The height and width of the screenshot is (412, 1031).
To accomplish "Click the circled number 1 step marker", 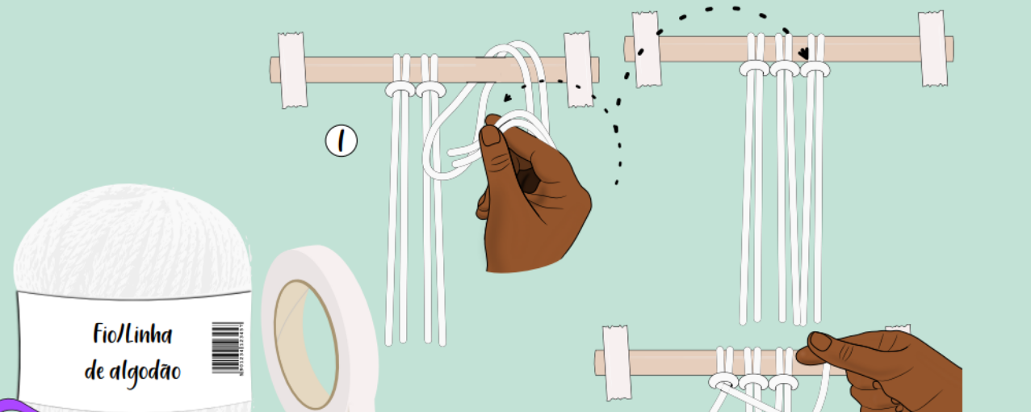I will [x=341, y=141].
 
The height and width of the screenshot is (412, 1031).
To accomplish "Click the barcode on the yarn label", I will [x=226, y=347].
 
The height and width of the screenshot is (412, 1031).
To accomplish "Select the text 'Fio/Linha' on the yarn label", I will [x=132, y=335].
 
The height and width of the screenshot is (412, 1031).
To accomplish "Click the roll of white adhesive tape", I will [x=319, y=331].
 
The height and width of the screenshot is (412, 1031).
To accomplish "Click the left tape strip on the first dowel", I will [x=292, y=70].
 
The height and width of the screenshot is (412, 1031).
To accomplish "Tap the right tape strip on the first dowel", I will [x=578, y=69].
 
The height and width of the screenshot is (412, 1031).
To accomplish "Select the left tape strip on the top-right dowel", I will [x=646, y=49].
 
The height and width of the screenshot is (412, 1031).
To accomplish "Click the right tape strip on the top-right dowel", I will [x=933, y=48].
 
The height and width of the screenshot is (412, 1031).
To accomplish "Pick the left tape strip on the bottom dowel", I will [x=617, y=363].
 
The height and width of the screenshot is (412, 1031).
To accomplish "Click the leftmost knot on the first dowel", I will [x=400, y=87].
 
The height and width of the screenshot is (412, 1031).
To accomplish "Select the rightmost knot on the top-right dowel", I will [x=814, y=69].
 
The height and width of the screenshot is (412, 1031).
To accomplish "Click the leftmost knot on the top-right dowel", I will [x=754, y=69].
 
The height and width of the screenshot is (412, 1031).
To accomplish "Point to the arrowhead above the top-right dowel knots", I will [x=803, y=53].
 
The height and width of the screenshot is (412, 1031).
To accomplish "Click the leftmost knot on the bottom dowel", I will [x=723, y=382].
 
